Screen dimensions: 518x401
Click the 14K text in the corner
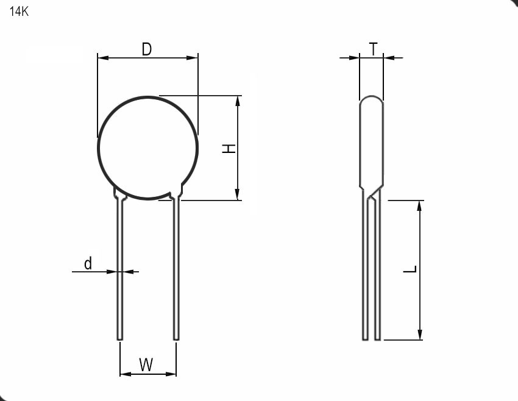coord(19,12)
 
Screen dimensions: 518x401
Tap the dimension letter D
coord(146,49)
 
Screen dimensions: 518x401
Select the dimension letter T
coord(374,49)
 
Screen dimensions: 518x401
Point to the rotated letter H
coord(229,148)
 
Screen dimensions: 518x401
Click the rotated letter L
coord(410,269)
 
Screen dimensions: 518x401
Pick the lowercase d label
coord(88,263)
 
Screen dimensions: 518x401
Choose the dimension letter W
coord(146,364)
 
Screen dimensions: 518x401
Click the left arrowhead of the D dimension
coord(103,58)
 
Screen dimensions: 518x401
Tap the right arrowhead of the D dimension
coord(192,58)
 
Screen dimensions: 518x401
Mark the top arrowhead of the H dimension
coord(237,101)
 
